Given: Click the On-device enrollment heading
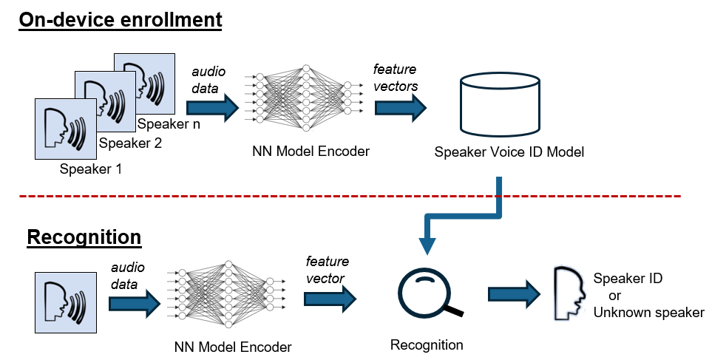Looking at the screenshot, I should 121,20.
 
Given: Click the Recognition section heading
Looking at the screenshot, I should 84,238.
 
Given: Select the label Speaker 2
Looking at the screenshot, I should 130,143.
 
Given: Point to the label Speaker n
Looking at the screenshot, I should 168,123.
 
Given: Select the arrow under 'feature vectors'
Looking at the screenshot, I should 401,108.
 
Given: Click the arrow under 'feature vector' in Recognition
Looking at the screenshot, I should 330,298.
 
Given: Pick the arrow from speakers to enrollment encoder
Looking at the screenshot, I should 213,109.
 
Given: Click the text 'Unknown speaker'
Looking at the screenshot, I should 648,313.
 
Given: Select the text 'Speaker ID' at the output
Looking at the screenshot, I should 628,279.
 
